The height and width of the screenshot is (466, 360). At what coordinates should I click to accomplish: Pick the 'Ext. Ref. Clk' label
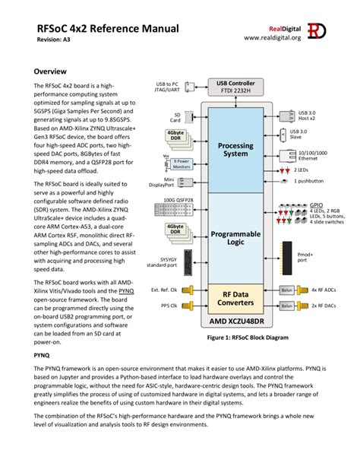[165, 290]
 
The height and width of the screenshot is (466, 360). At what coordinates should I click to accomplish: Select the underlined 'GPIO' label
[316, 204]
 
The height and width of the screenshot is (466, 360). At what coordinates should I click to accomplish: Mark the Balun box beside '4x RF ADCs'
[286, 290]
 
